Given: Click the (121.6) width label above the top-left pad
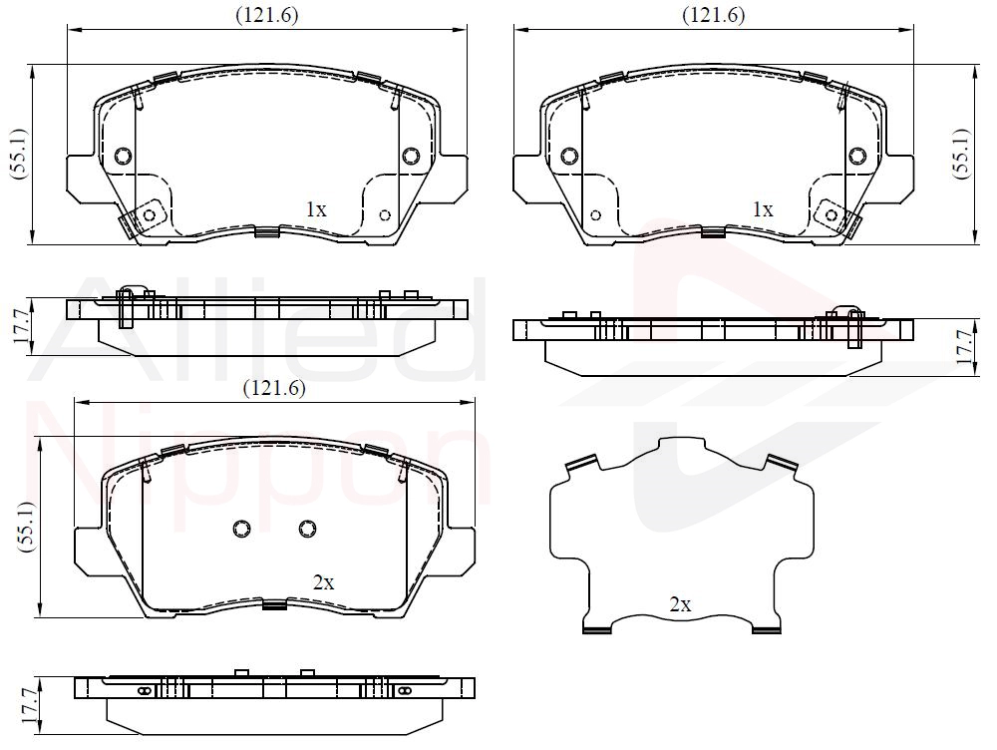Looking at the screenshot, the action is click(x=267, y=15).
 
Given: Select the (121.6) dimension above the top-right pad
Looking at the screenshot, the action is click(x=714, y=15).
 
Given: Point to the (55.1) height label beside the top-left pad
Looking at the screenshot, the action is click(x=19, y=154).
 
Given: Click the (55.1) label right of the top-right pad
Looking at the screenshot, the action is click(x=961, y=154).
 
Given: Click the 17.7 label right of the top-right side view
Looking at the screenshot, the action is click(x=964, y=347).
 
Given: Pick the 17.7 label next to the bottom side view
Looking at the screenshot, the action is click(x=29, y=706).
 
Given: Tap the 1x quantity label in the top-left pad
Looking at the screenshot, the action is click(x=316, y=209).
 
